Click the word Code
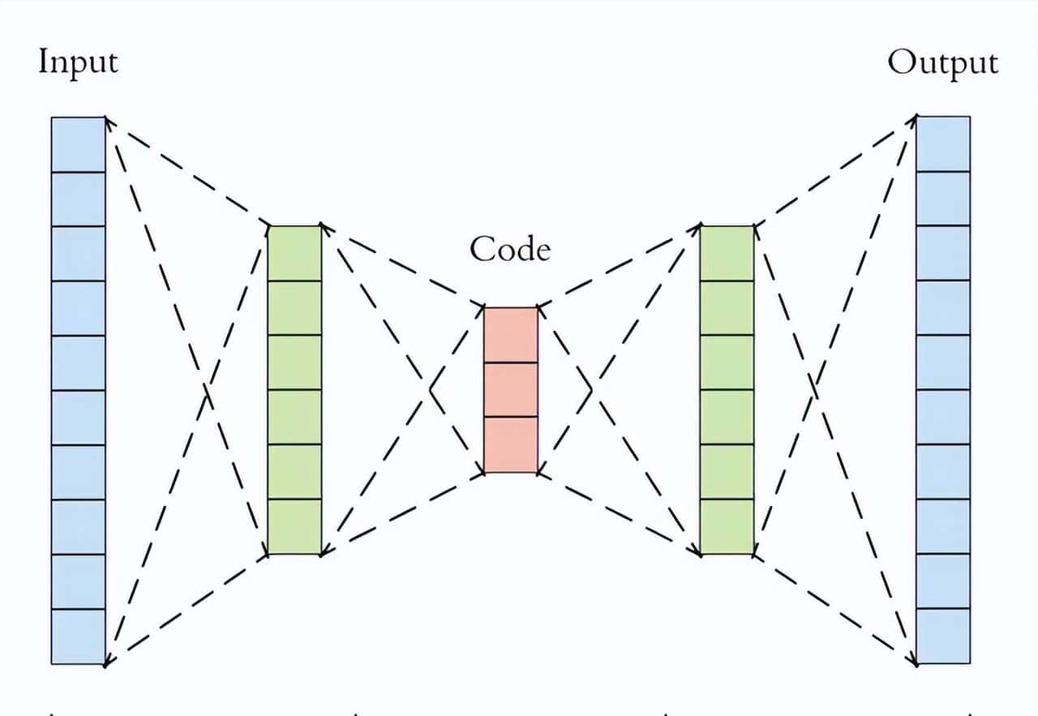510,249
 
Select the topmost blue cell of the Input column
79,144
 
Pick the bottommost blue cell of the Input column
79,637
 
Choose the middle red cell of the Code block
511,389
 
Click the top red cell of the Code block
511,335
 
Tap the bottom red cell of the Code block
511,444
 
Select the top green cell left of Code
294,253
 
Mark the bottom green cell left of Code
294,526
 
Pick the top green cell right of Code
727,253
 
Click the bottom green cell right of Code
727,526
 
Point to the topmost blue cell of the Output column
943,144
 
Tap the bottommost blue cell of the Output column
943,636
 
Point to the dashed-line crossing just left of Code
430,390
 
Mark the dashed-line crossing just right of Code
592,390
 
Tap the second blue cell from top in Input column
79,199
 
